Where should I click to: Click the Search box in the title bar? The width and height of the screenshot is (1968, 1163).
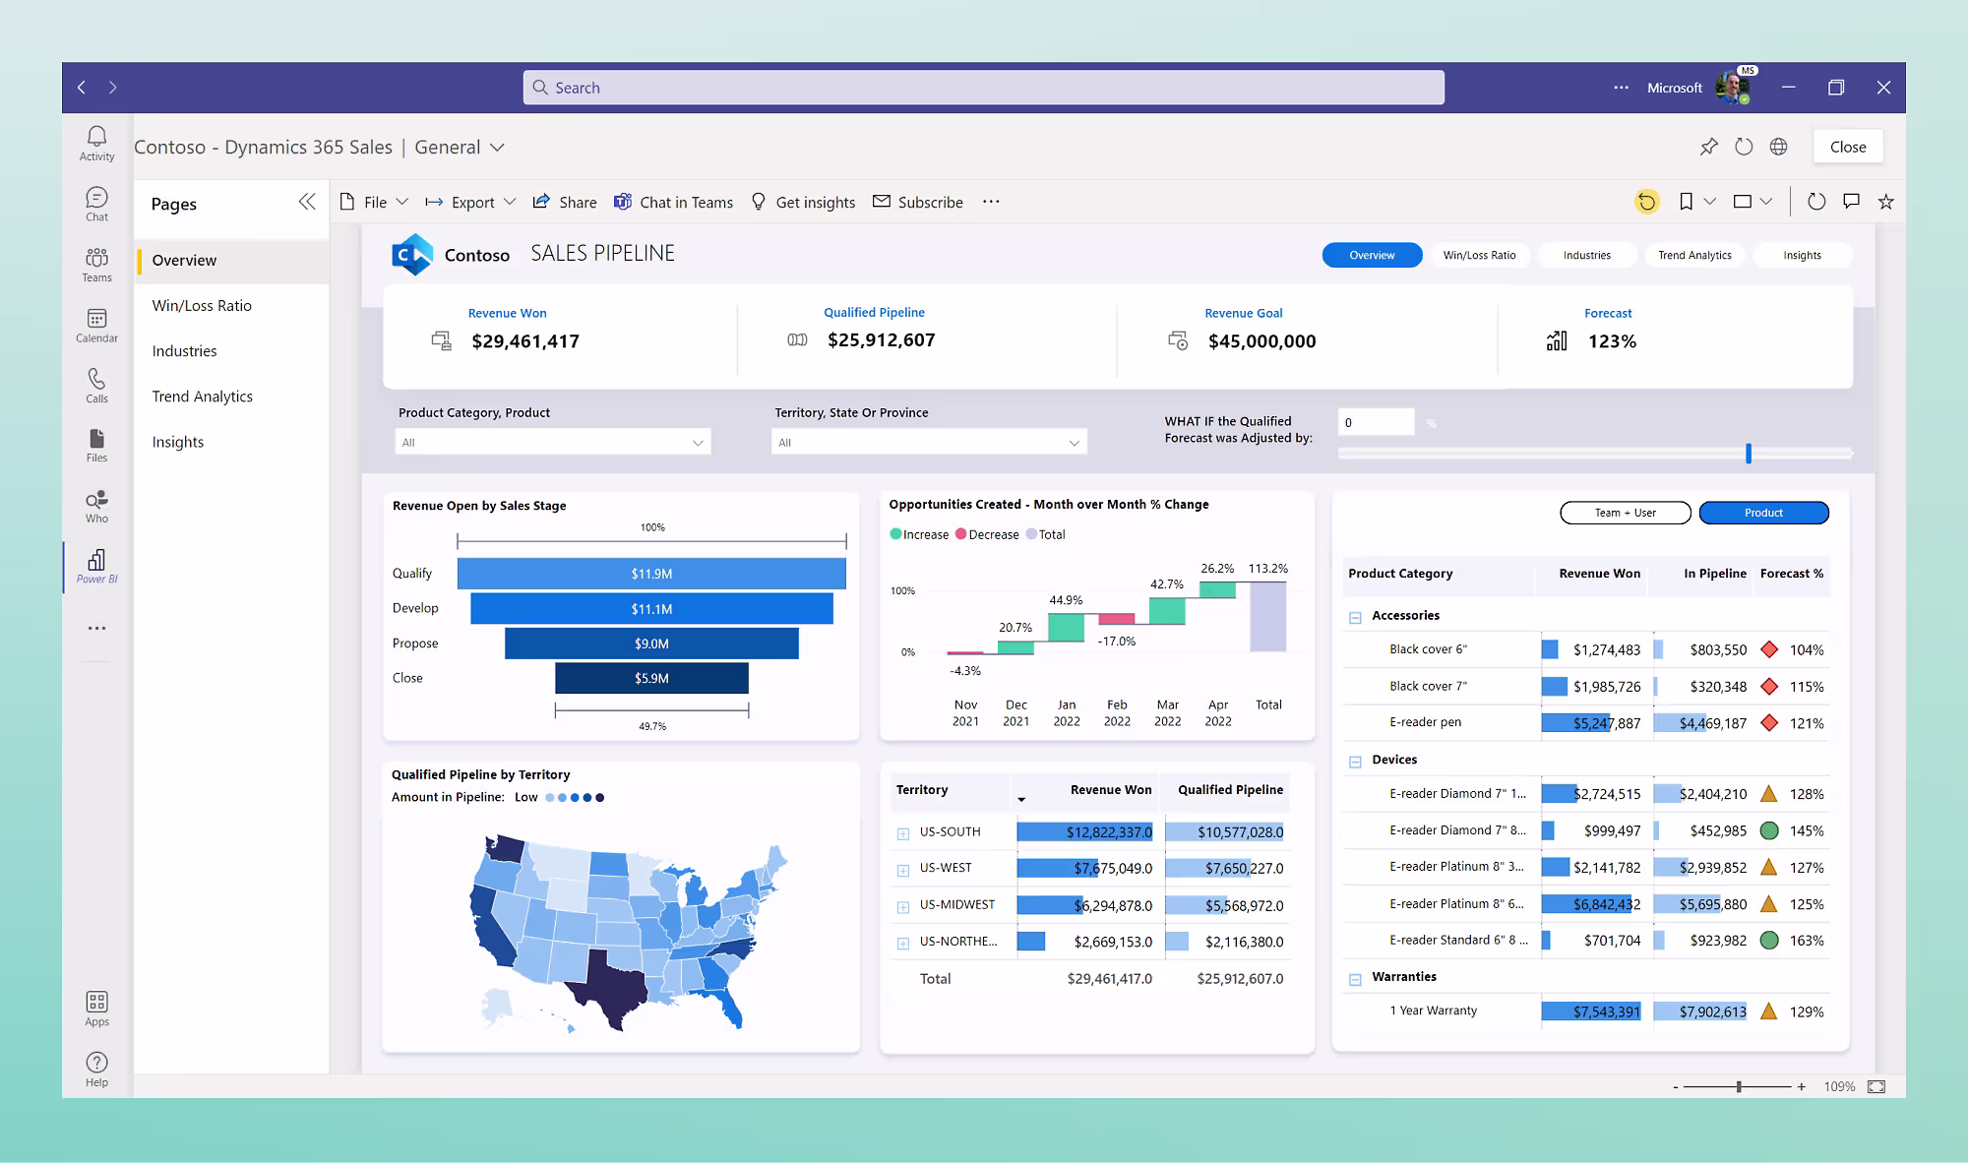click(x=984, y=88)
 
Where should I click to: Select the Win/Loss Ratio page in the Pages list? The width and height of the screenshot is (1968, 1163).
click(x=202, y=306)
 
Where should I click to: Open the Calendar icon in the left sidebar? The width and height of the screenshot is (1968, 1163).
click(x=96, y=325)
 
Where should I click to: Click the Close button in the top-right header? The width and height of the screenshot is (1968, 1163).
click(x=1847, y=147)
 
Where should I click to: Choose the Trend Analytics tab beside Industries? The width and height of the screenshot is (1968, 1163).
click(x=1694, y=255)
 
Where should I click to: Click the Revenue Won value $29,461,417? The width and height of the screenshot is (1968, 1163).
click(x=525, y=341)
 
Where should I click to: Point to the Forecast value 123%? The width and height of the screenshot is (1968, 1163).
click(x=1612, y=341)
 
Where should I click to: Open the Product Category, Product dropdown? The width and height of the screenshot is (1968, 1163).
click(x=552, y=443)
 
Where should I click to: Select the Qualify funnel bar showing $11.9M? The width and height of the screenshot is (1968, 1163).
click(x=651, y=574)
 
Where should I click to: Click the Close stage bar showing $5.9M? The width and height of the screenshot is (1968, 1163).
click(x=651, y=678)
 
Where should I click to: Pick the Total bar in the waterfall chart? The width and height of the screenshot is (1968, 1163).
click(x=1267, y=617)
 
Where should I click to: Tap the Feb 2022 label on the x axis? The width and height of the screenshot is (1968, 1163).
click(x=1117, y=712)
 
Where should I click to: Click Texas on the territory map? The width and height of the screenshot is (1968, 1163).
click(x=604, y=984)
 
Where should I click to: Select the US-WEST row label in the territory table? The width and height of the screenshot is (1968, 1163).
click(x=946, y=868)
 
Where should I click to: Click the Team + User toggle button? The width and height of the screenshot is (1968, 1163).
click(x=1625, y=513)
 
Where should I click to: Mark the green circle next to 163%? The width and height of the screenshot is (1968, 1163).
click(x=1768, y=941)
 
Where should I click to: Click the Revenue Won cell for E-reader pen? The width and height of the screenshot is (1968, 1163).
click(x=1592, y=723)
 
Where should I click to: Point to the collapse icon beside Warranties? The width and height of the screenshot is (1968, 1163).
click(x=1355, y=979)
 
